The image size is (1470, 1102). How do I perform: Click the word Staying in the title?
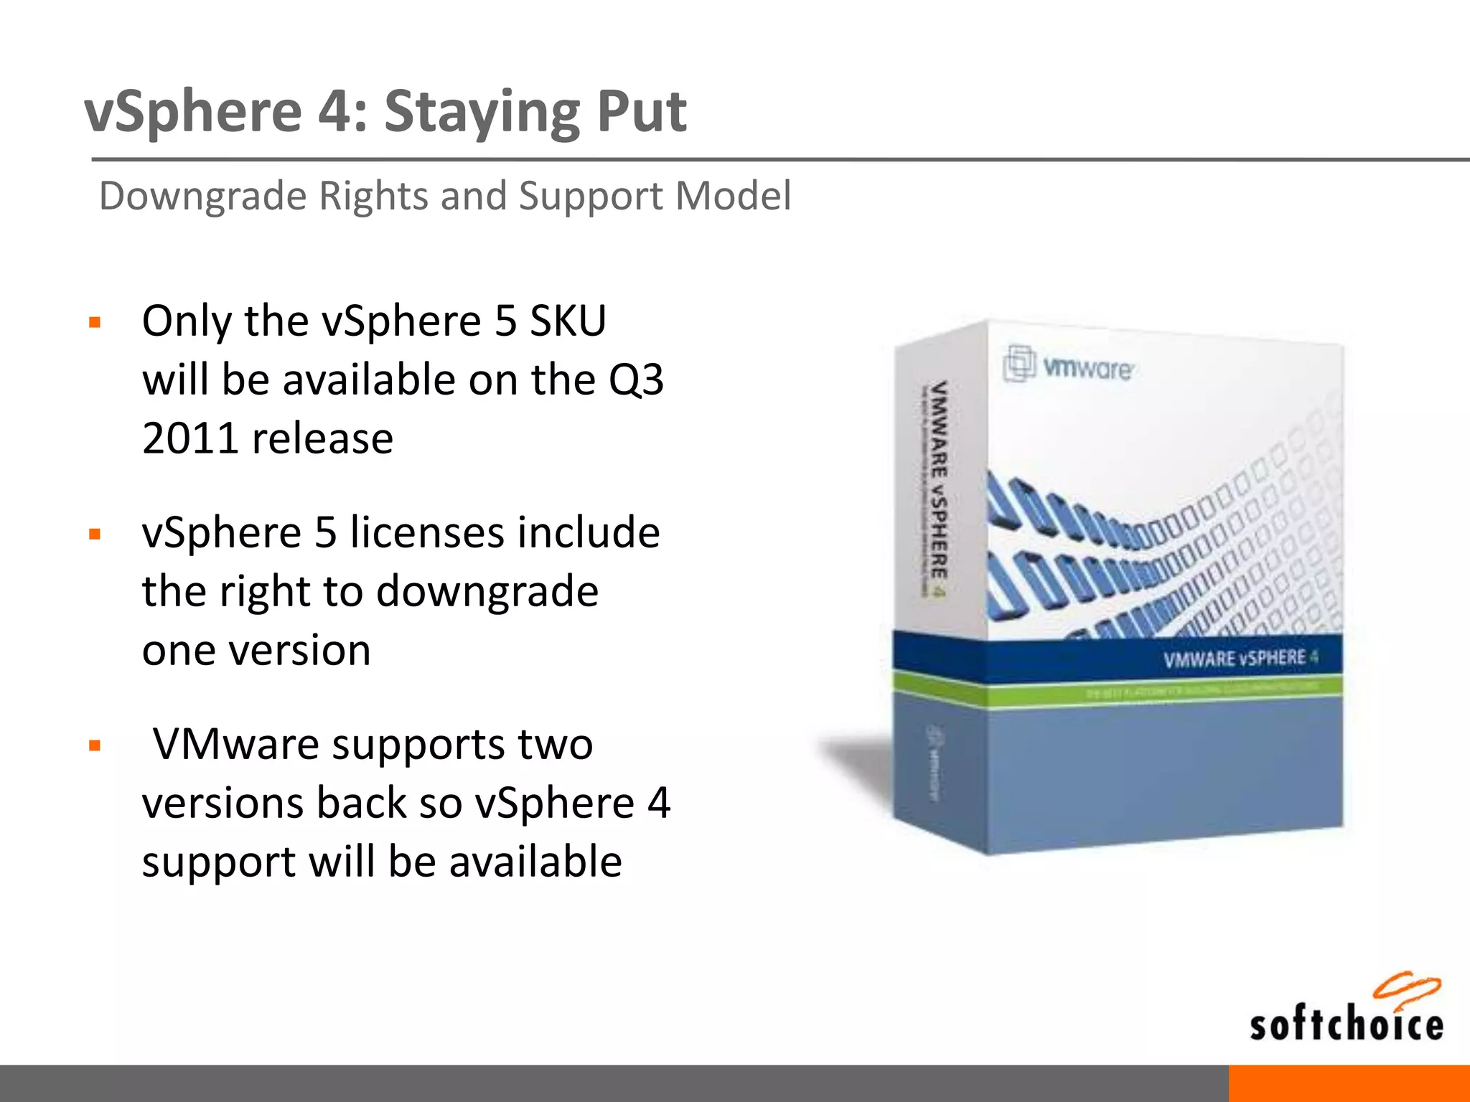(481, 113)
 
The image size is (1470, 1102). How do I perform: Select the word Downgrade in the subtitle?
(203, 196)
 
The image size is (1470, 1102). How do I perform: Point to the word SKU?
(568, 321)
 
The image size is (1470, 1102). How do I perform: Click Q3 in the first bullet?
(636, 380)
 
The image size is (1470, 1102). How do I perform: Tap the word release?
(322, 438)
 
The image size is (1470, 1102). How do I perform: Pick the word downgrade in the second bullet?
(487, 591)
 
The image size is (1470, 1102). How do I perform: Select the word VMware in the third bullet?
(236, 744)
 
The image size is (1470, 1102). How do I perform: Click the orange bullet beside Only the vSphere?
(95, 322)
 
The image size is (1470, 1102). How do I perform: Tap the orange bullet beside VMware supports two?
(95, 746)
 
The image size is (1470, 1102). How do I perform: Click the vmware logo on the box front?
(1069, 366)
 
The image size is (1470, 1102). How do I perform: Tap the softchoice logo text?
(1346, 1025)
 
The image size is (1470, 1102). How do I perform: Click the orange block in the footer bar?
(1349, 1083)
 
